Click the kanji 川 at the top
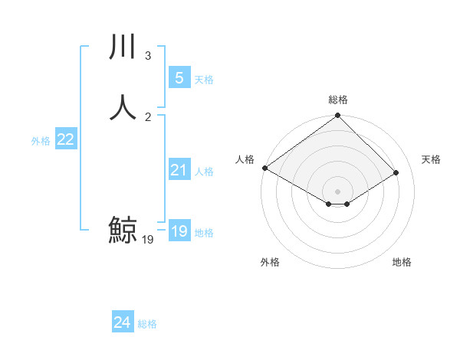pyautogui.click(x=123, y=47)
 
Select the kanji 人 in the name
pyautogui.click(x=123, y=107)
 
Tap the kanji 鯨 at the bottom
pyautogui.click(x=123, y=230)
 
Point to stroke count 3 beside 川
pyautogui.click(x=147, y=56)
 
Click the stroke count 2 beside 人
pyautogui.click(x=147, y=116)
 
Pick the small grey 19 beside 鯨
pyautogui.click(x=148, y=240)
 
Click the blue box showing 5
pyautogui.click(x=179, y=77)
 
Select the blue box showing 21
pyautogui.click(x=179, y=170)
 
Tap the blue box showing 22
pyautogui.click(x=66, y=139)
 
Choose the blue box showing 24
pyautogui.click(x=123, y=322)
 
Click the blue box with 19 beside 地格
pyautogui.click(x=179, y=231)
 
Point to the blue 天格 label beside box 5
pyautogui.click(x=204, y=79)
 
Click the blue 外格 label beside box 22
pyautogui.click(x=41, y=141)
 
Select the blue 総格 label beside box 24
pyautogui.click(x=147, y=324)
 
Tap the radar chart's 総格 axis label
pyautogui.click(x=337, y=100)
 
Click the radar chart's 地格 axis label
pyautogui.click(x=402, y=262)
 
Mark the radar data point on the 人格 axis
pyautogui.click(x=264, y=168)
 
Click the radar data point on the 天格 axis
pyautogui.click(x=396, y=172)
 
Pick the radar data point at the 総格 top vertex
pyautogui.click(x=337, y=116)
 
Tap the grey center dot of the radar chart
pyautogui.click(x=337, y=191)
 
